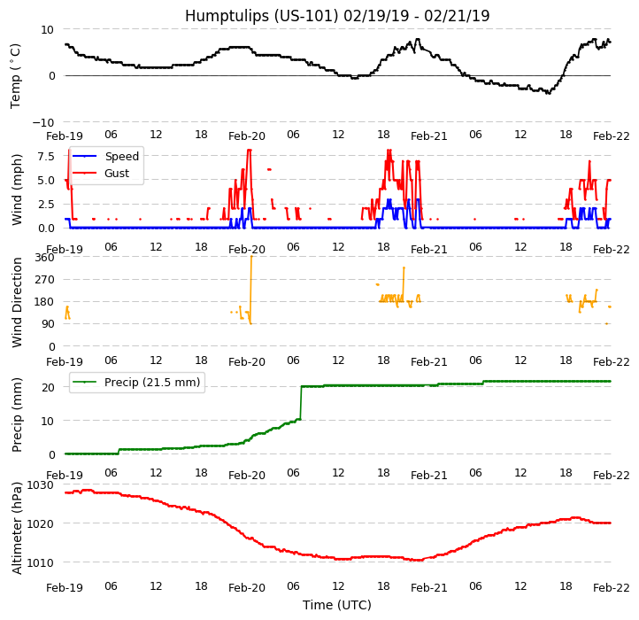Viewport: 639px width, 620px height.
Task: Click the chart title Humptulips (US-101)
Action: pyautogui.click(x=337, y=16)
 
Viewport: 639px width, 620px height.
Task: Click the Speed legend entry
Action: pyautogui.click(x=121, y=157)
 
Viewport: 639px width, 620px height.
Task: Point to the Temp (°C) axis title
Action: pyautogui.click(x=16, y=75)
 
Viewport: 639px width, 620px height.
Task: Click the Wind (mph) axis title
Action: pyautogui.click(x=18, y=189)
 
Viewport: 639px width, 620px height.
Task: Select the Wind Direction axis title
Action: pyautogui.click(x=18, y=302)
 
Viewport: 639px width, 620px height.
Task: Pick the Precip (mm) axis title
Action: pyautogui.click(x=18, y=415)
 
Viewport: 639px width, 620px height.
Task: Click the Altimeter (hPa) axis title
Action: pyautogui.click(x=18, y=528)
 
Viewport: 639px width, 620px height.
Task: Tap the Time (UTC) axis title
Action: pyautogui.click(x=337, y=605)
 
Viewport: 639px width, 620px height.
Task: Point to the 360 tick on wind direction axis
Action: pyautogui.click(x=44, y=258)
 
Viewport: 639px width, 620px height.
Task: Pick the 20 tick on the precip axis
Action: pyautogui.click(x=49, y=387)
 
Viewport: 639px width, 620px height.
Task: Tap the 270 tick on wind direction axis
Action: pyautogui.click(x=44, y=280)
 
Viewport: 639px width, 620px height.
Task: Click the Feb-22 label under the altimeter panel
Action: pyautogui.click(x=611, y=588)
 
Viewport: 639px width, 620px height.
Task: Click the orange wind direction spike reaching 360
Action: pyautogui.click(x=251, y=266)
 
